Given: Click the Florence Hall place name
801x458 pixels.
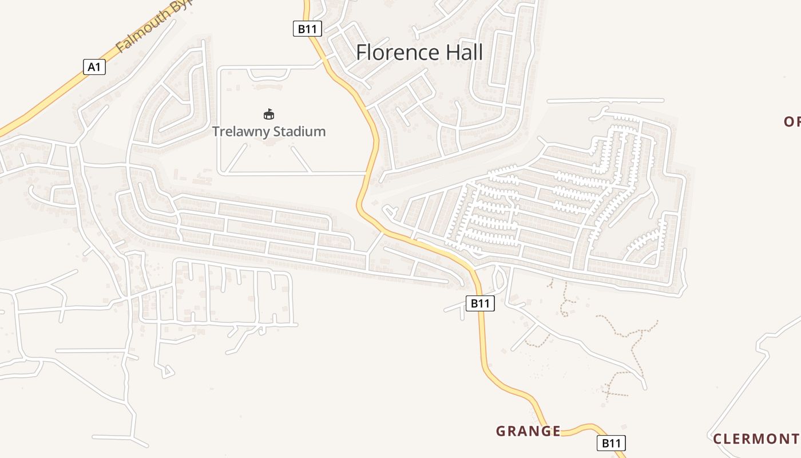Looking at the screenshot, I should point(419,53).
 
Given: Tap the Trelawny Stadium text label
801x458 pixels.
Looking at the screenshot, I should point(269,131).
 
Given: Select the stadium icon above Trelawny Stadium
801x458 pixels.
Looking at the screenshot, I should point(269,114).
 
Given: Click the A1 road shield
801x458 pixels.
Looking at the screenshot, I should point(94,67).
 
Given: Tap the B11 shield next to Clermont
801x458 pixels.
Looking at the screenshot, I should point(611,443).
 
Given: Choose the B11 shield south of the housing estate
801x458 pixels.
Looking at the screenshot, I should point(479,303).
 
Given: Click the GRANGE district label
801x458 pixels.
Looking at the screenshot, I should point(528,431).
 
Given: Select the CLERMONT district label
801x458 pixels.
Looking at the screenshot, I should point(755,439).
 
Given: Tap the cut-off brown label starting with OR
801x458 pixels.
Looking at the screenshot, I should point(792,121).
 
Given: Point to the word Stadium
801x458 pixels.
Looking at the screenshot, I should point(299,131).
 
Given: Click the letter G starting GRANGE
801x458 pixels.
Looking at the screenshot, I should point(501,431).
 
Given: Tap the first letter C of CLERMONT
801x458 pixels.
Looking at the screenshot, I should point(717,439).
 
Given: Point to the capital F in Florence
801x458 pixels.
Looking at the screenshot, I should point(362,53).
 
